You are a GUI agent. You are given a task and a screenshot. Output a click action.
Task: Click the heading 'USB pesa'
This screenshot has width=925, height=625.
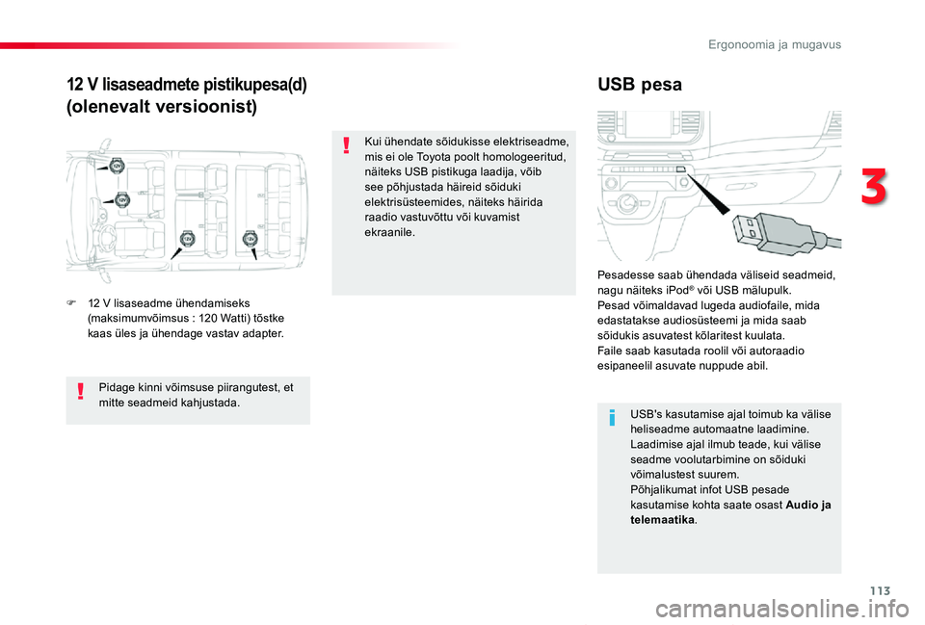click(x=639, y=85)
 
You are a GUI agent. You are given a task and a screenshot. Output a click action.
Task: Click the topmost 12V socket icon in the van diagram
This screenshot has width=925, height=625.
click(x=117, y=165)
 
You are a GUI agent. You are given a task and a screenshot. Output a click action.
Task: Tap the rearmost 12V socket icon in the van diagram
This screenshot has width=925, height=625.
click(x=250, y=238)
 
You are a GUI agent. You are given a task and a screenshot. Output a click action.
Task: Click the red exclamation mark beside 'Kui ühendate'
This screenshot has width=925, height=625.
click(x=347, y=146)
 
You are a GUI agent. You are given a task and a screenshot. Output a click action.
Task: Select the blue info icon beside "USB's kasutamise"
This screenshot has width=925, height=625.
click(x=613, y=419)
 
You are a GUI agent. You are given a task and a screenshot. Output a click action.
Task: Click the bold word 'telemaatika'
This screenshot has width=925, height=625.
click(x=661, y=520)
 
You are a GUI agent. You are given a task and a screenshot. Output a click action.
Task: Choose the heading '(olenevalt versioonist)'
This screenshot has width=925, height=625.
click(x=161, y=107)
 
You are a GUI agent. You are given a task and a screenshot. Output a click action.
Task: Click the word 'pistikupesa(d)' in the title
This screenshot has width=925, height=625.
click(x=257, y=84)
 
